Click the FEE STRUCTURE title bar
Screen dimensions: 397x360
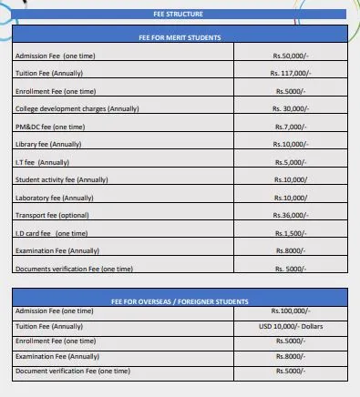coord(180,14)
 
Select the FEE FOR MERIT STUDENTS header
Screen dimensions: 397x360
coord(180,36)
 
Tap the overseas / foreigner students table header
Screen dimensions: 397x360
coord(180,300)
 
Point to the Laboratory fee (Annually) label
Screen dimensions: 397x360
coord(55,198)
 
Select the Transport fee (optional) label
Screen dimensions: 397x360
coord(52,216)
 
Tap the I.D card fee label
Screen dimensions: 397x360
coord(51,233)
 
